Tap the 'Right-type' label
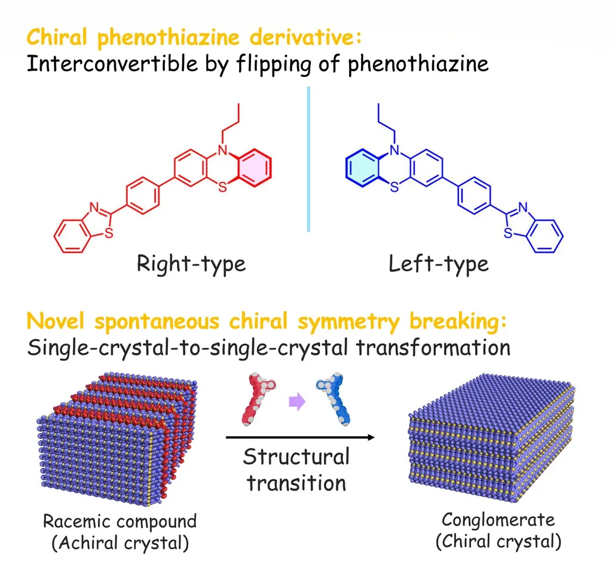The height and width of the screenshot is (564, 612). tap(191, 263)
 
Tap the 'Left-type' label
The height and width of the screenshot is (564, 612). tap(439, 263)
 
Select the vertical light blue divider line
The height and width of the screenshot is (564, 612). tap(308, 159)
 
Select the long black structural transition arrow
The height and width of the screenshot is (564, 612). tap(299, 438)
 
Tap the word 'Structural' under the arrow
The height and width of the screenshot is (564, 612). tap(296, 457)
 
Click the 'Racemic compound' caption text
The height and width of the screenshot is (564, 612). tap(120, 521)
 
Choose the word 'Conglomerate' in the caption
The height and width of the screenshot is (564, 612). tap(498, 519)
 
